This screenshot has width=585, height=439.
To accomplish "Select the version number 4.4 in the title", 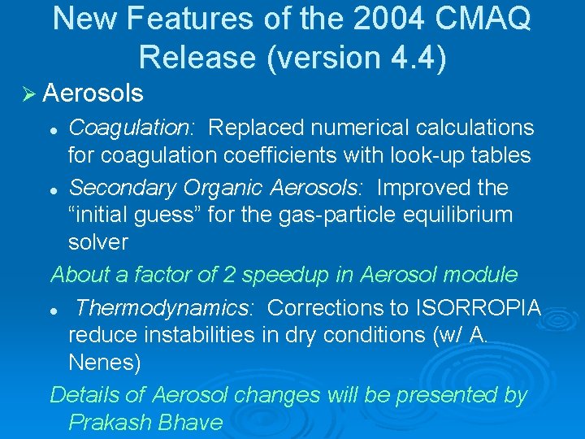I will tap(413, 58).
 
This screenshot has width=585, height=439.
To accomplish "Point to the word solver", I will tap(98, 242).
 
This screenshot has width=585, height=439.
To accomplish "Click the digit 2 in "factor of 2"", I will tap(229, 275).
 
